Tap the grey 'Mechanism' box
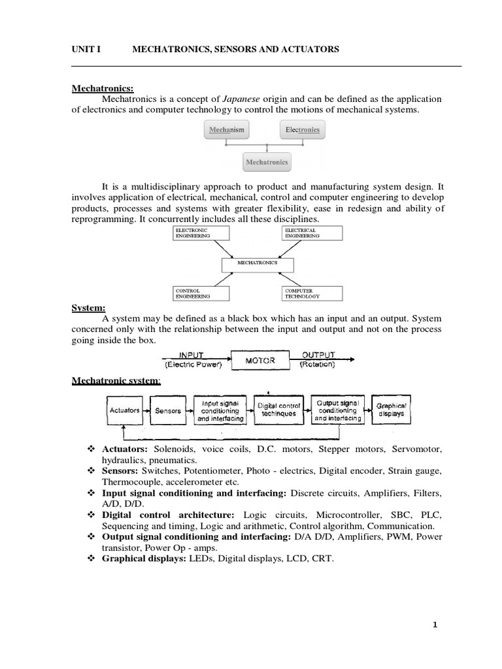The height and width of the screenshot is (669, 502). (x=227, y=130)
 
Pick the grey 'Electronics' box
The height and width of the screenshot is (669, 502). (x=303, y=130)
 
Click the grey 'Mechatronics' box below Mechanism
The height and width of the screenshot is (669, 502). (x=265, y=161)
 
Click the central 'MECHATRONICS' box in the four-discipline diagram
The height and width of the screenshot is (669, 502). (x=258, y=263)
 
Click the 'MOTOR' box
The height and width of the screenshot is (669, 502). (x=259, y=360)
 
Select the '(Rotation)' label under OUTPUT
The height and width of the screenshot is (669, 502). (x=317, y=365)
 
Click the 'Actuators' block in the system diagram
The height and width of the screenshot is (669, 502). (x=124, y=410)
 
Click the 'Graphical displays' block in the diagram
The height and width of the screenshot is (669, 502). (x=391, y=410)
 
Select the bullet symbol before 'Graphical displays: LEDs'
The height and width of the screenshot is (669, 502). (x=91, y=559)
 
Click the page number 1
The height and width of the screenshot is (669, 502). (x=435, y=625)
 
